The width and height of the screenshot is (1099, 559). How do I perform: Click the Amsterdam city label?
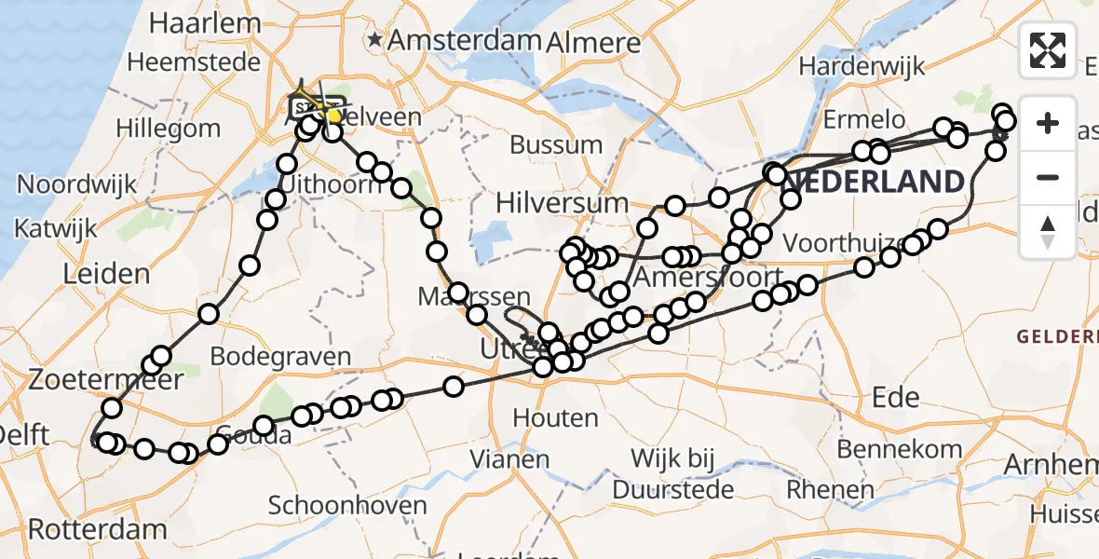(465, 40)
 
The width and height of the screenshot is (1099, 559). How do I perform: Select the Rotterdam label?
(97, 530)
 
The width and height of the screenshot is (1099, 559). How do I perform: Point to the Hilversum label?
(562, 202)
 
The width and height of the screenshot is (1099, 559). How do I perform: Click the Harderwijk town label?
(862, 66)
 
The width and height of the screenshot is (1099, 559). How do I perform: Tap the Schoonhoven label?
(346, 505)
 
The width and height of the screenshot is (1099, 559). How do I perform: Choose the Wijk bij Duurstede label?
(672, 472)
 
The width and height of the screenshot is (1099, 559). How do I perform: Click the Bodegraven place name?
(280, 356)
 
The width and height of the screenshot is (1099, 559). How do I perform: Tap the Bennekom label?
(899, 449)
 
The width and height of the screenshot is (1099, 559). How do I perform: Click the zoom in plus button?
(1048, 123)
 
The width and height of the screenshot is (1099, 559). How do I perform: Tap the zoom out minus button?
(1048, 177)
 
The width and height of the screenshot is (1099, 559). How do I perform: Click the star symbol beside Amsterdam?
(375, 40)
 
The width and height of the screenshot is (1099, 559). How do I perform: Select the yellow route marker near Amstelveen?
(332, 116)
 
